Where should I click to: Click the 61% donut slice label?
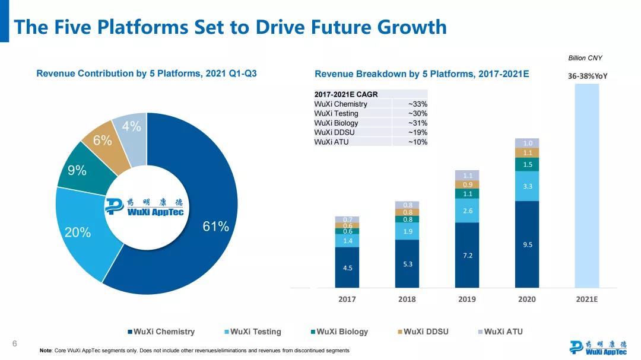coord(215,226)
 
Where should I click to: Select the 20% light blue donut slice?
coord(78,232)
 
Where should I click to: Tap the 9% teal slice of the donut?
coord(77,171)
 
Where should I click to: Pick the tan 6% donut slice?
coord(102,141)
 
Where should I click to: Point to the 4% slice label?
coord(131,126)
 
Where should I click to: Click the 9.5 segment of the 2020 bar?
coord(527,244)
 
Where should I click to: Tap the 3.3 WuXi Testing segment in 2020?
coord(527,186)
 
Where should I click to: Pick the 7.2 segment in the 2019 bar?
coord(467,255)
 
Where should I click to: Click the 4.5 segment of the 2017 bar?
coord(347,267)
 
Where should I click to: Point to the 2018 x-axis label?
coord(407,299)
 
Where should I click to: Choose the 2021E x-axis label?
coord(586,299)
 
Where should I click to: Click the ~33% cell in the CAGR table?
coord(417,104)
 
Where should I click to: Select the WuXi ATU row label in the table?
coord(331,142)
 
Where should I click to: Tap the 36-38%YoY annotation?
coord(588,76)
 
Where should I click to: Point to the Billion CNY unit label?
coord(585,58)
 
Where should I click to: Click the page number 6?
coord(15,343)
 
